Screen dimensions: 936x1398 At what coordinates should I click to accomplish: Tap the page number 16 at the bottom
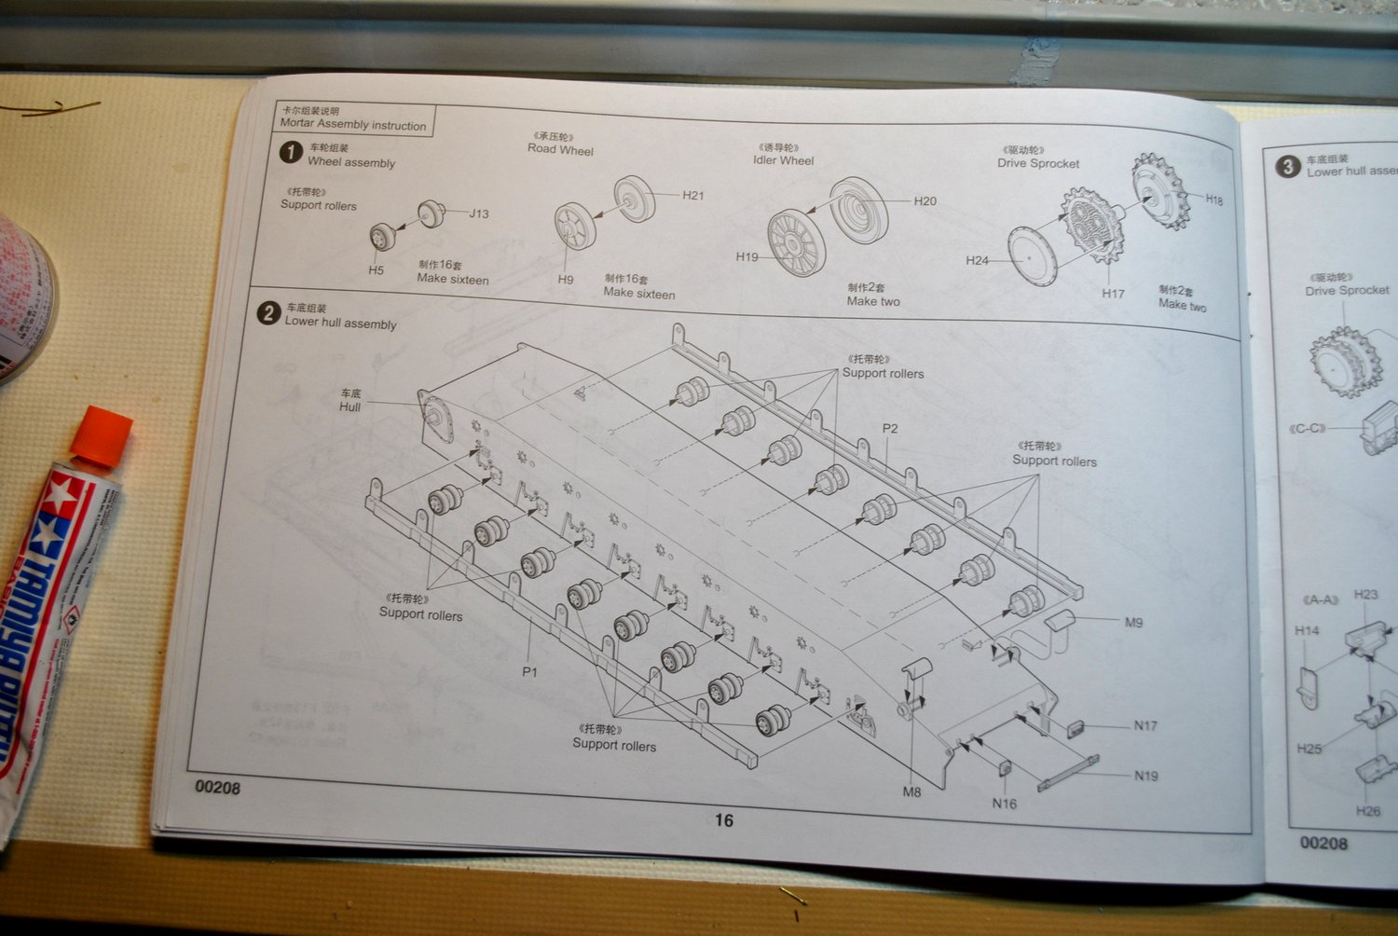[x=724, y=820]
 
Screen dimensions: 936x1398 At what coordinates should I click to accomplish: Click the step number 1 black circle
[x=291, y=152]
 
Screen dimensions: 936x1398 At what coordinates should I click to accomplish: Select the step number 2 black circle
[x=268, y=313]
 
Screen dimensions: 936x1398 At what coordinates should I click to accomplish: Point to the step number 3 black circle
[x=1287, y=166]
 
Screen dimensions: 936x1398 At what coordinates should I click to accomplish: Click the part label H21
[x=692, y=195]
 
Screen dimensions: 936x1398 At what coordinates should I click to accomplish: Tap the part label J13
[x=479, y=213]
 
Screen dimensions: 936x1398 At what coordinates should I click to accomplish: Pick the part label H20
[x=925, y=200]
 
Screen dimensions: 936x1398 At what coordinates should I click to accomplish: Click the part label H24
[x=977, y=260]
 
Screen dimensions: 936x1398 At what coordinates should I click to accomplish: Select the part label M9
[x=1133, y=622]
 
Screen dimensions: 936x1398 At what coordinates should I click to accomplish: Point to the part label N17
[x=1145, y=725]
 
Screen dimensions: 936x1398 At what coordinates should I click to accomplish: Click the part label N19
[x=1146, y=776]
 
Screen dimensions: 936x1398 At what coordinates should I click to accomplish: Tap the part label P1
[x=529, y=671]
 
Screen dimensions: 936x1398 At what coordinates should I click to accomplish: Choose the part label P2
[x=890, y=429]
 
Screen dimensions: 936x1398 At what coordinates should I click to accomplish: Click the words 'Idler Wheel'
[x=783, y=160]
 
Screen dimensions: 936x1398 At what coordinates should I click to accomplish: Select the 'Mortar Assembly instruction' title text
[x=352, y=125]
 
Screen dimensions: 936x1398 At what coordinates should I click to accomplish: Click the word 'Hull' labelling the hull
[x=349, y=407]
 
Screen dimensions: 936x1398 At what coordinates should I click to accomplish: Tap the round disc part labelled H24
[x=1033, y=255]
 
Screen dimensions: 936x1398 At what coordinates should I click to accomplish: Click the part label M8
[x=911, y=791]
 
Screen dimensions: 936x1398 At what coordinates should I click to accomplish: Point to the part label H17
[x=1113, y=293]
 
